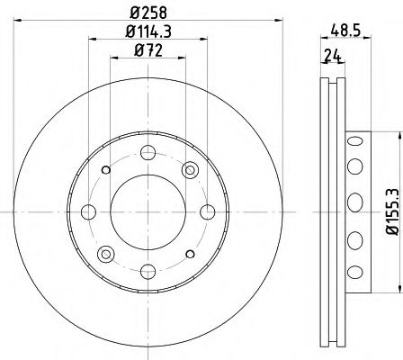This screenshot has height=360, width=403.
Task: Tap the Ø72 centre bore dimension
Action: click(148, 50)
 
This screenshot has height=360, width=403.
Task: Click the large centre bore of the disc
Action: click(148, 211)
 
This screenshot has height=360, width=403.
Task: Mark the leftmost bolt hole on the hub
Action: click(88, 211)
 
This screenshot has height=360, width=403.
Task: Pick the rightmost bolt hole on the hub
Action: click(207, 211)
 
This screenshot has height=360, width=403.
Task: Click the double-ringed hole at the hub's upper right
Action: click(189, 170)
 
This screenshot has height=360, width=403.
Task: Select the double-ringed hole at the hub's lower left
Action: click(105, 253)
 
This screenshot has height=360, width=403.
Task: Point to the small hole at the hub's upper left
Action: click(106, 169)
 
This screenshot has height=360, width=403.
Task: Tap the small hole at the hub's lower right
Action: click(190, 253)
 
